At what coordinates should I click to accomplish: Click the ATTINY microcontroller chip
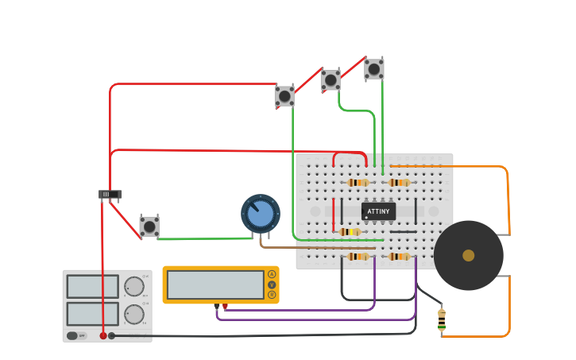(x=379, y=211)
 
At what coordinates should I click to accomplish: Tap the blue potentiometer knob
(x=260, y=214)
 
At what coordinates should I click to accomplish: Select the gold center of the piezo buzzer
(x=469, y=255)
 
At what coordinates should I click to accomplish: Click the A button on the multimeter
(x=272, y=274)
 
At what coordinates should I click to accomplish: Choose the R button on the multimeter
(x=272, y=295)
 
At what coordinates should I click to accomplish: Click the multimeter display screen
(x=215, y=285)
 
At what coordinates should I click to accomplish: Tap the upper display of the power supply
(x=92, y=286)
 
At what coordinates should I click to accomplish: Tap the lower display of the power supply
(x=92, y=314)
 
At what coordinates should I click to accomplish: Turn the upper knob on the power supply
(x=134, y=286)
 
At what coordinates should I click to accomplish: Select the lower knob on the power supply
(x=134, y=315)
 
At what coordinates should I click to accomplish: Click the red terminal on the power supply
(x=103, y=335)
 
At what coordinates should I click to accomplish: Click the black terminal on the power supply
(x=111, y=335)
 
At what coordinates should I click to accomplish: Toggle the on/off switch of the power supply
(x=72, y=335)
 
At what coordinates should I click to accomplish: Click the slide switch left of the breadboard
(x=110, y=194)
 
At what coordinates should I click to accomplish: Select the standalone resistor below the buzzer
(x=442, y=321)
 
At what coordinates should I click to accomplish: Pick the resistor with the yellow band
(x=350, y=232)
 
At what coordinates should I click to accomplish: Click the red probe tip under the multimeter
(x=226, y=306)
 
